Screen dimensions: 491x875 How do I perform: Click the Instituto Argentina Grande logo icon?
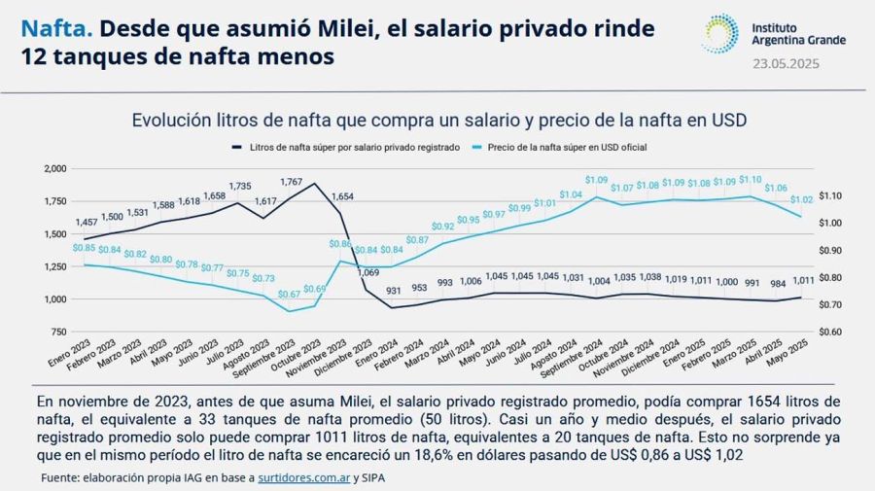pyautogui.click(x=719, y=33)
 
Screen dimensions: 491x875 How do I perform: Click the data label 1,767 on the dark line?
pyautogui.click(x=291, y=182)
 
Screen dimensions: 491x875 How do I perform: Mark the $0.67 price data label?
pyautogui.click(x=288, y=295)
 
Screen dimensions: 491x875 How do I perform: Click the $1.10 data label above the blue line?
pyautogui.click(x=750, y=180)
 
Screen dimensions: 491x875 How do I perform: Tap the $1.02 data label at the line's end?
pyautogui.click(x=801, y=200)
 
